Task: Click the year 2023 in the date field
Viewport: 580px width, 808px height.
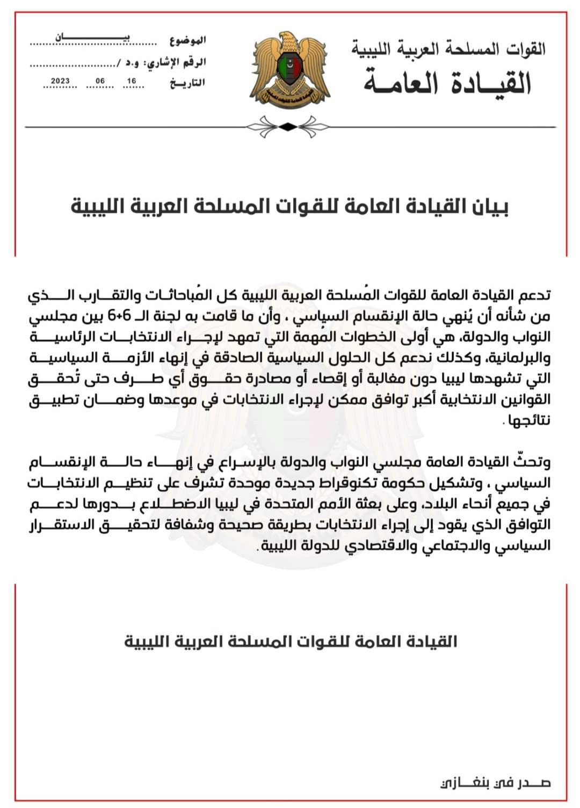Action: tap(60, 82)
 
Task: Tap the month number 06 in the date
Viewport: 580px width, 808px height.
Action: tap(100, 82)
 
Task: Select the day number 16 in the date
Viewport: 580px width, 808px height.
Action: tap(132, 82)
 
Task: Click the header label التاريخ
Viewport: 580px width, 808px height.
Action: tap(187, 83)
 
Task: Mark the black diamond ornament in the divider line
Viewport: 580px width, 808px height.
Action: tap(289, 127)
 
